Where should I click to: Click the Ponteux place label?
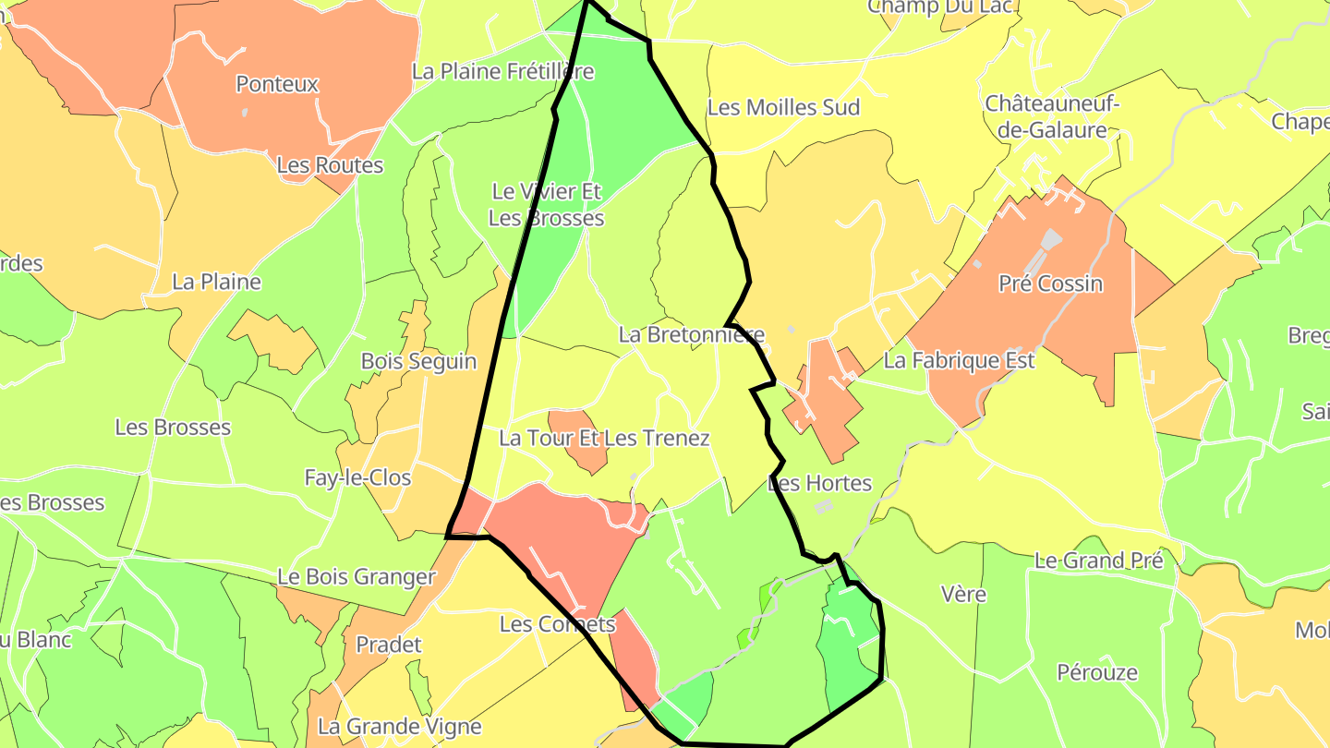click(277, 84)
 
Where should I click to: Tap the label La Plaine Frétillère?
click(502, 71)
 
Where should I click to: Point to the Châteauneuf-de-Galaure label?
click(1052, 116)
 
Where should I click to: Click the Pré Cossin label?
click(1050, 284)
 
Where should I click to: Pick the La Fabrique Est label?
click(959, 360)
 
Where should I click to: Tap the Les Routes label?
click(330, 165)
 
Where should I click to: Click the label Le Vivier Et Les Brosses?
click(546, 205)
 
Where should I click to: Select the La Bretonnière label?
click(692, 334)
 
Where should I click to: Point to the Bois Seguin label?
click(418, 361)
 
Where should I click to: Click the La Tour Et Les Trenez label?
click(604, 438)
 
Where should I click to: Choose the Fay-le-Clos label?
click(357, 477)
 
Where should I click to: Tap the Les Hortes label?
click(819, 483)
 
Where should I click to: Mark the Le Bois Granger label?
click(356, 577)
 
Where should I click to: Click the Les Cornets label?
click(557, 624)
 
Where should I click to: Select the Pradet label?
click(388, 645)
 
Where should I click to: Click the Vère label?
click(963, 594)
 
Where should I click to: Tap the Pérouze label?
click(1097, 672)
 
